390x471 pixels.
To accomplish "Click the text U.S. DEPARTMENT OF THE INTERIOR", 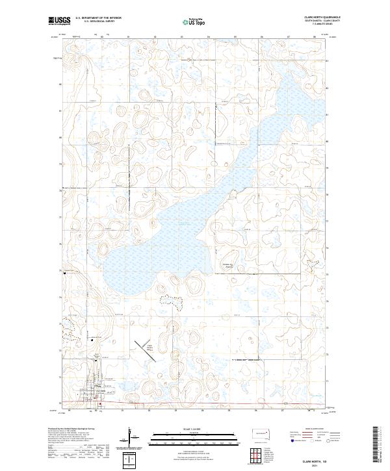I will [98, 18].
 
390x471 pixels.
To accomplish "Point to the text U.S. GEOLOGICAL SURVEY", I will [98, 21].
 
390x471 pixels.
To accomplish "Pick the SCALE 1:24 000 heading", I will [191, 429].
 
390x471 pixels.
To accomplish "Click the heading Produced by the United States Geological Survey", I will [71, 428].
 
